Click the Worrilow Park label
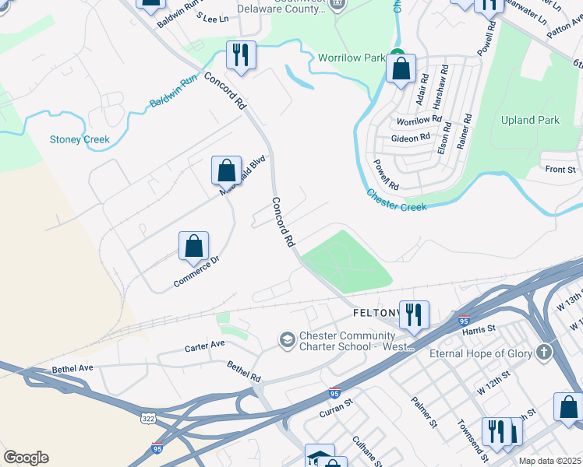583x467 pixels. (x=352, y=58)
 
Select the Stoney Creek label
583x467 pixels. (x=79, y=140)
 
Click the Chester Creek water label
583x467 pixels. (x=396, y=201)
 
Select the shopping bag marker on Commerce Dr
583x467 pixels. (x=193, y=245)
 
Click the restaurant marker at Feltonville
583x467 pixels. (x=413, y=314)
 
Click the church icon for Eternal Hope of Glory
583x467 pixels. (x=542, y=353)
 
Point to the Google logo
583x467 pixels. (x=26, y=458)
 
